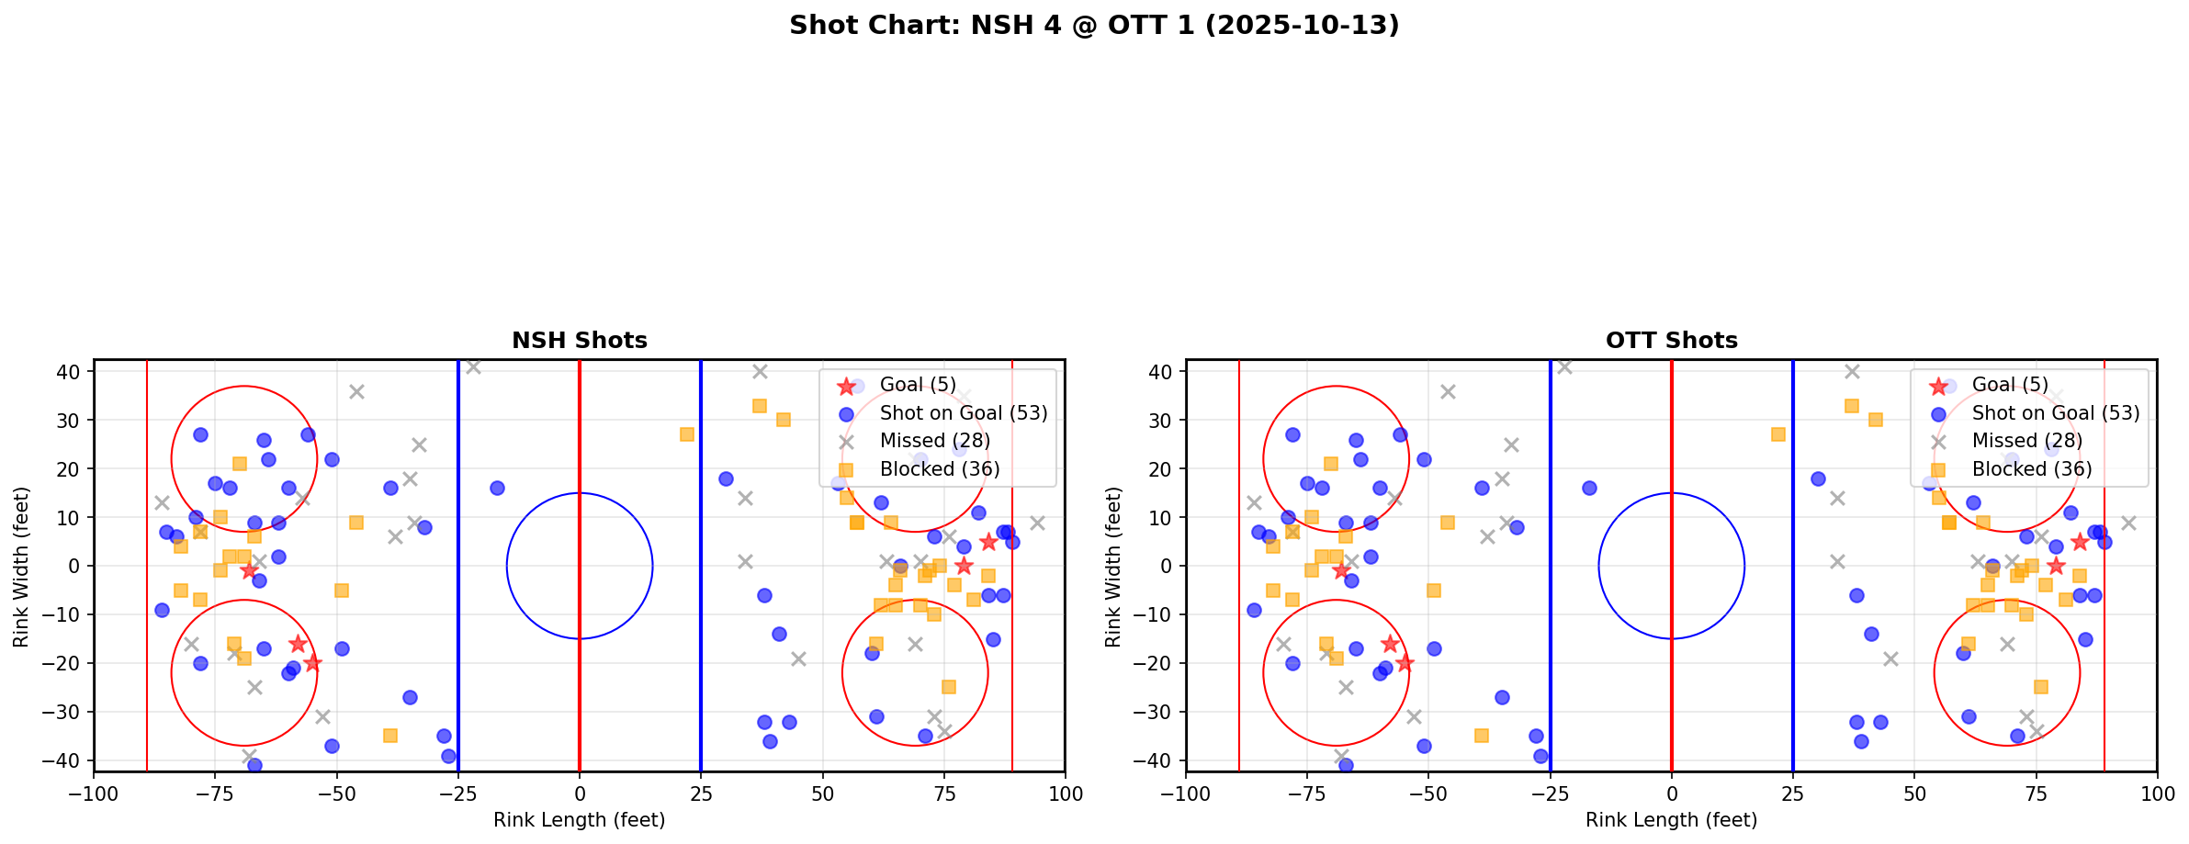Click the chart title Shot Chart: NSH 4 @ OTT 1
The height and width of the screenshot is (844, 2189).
(1093, 25)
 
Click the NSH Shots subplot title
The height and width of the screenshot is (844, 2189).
(579, 341)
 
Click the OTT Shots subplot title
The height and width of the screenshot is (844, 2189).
(1671, 341)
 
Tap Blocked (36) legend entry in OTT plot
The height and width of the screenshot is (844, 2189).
(2031, 469)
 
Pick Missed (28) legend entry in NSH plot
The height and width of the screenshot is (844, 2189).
(934, 441)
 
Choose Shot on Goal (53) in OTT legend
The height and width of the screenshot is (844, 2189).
(2055, 413)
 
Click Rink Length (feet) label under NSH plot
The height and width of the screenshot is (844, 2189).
(579, 820)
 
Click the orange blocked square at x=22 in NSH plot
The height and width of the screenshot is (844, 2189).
(686, 434)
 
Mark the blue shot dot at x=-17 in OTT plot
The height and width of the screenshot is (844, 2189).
(1589, 488)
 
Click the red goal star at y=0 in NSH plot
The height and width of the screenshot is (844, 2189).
(963, 566)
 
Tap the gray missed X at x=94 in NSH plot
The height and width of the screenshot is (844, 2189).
(1036, 523)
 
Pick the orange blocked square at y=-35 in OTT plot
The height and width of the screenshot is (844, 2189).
(1482, 736)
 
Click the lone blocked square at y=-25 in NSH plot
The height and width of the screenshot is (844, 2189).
(948, 687)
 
